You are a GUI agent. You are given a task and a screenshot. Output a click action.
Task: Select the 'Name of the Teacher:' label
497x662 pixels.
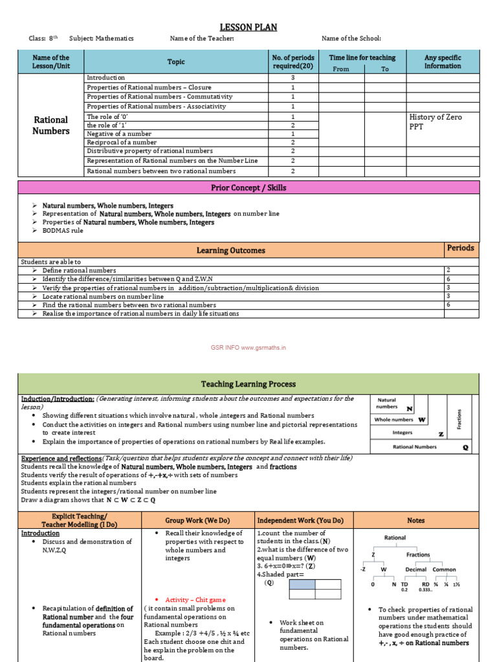pyautogui.click(x=201, y=39)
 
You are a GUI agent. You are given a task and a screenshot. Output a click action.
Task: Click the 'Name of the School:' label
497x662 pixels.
pyautogui.click(x=351, y=39)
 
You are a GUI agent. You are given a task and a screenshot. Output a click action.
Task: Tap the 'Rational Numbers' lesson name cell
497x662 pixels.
pyautogui.click(x=51, y=125)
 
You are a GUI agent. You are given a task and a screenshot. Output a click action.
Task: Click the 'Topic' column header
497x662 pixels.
pyautogui.click(x=175, y=62)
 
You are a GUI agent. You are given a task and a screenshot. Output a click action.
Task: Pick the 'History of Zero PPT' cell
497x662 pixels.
pyautogui.click(x=436, y=121)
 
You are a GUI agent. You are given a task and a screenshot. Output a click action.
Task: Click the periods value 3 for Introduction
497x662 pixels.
pyautogui.click(x=293, y=78)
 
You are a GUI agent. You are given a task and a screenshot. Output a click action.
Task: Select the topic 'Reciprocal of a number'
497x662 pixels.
pyautogui.click(x=122, y=142)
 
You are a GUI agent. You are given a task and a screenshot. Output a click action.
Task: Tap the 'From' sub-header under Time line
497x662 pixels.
pyautogui.click(x=340, y=69)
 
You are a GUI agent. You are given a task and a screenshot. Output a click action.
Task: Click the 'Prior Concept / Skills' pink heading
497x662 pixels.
pyautogui.click(x=248, y=187)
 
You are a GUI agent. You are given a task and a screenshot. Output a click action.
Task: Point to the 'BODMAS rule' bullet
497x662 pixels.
pyautogui.click(x=63, y=230)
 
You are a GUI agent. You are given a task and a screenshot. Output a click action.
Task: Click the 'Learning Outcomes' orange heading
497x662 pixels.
pyautogui.click(x=230, y=250)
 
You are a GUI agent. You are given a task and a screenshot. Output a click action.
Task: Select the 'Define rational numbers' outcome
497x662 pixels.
pyautogui.click(x=79, y=270)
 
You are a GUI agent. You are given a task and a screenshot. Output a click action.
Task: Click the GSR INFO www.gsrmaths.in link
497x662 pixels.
pyautogui.click(x=248, y=347)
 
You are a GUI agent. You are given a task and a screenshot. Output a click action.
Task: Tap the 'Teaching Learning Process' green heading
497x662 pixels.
pyautogui.click(x=248, y=384)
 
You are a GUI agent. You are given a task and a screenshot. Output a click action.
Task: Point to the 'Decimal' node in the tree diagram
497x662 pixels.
pyautogui.click(x=415, y=570)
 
